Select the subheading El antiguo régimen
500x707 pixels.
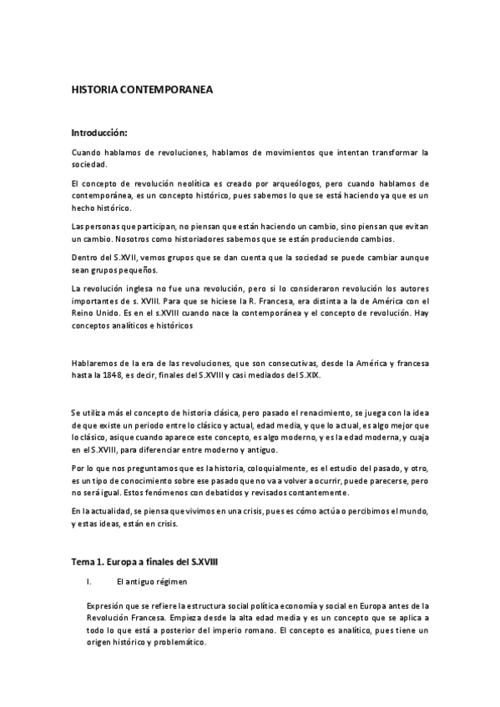click(x=153, y=580)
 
